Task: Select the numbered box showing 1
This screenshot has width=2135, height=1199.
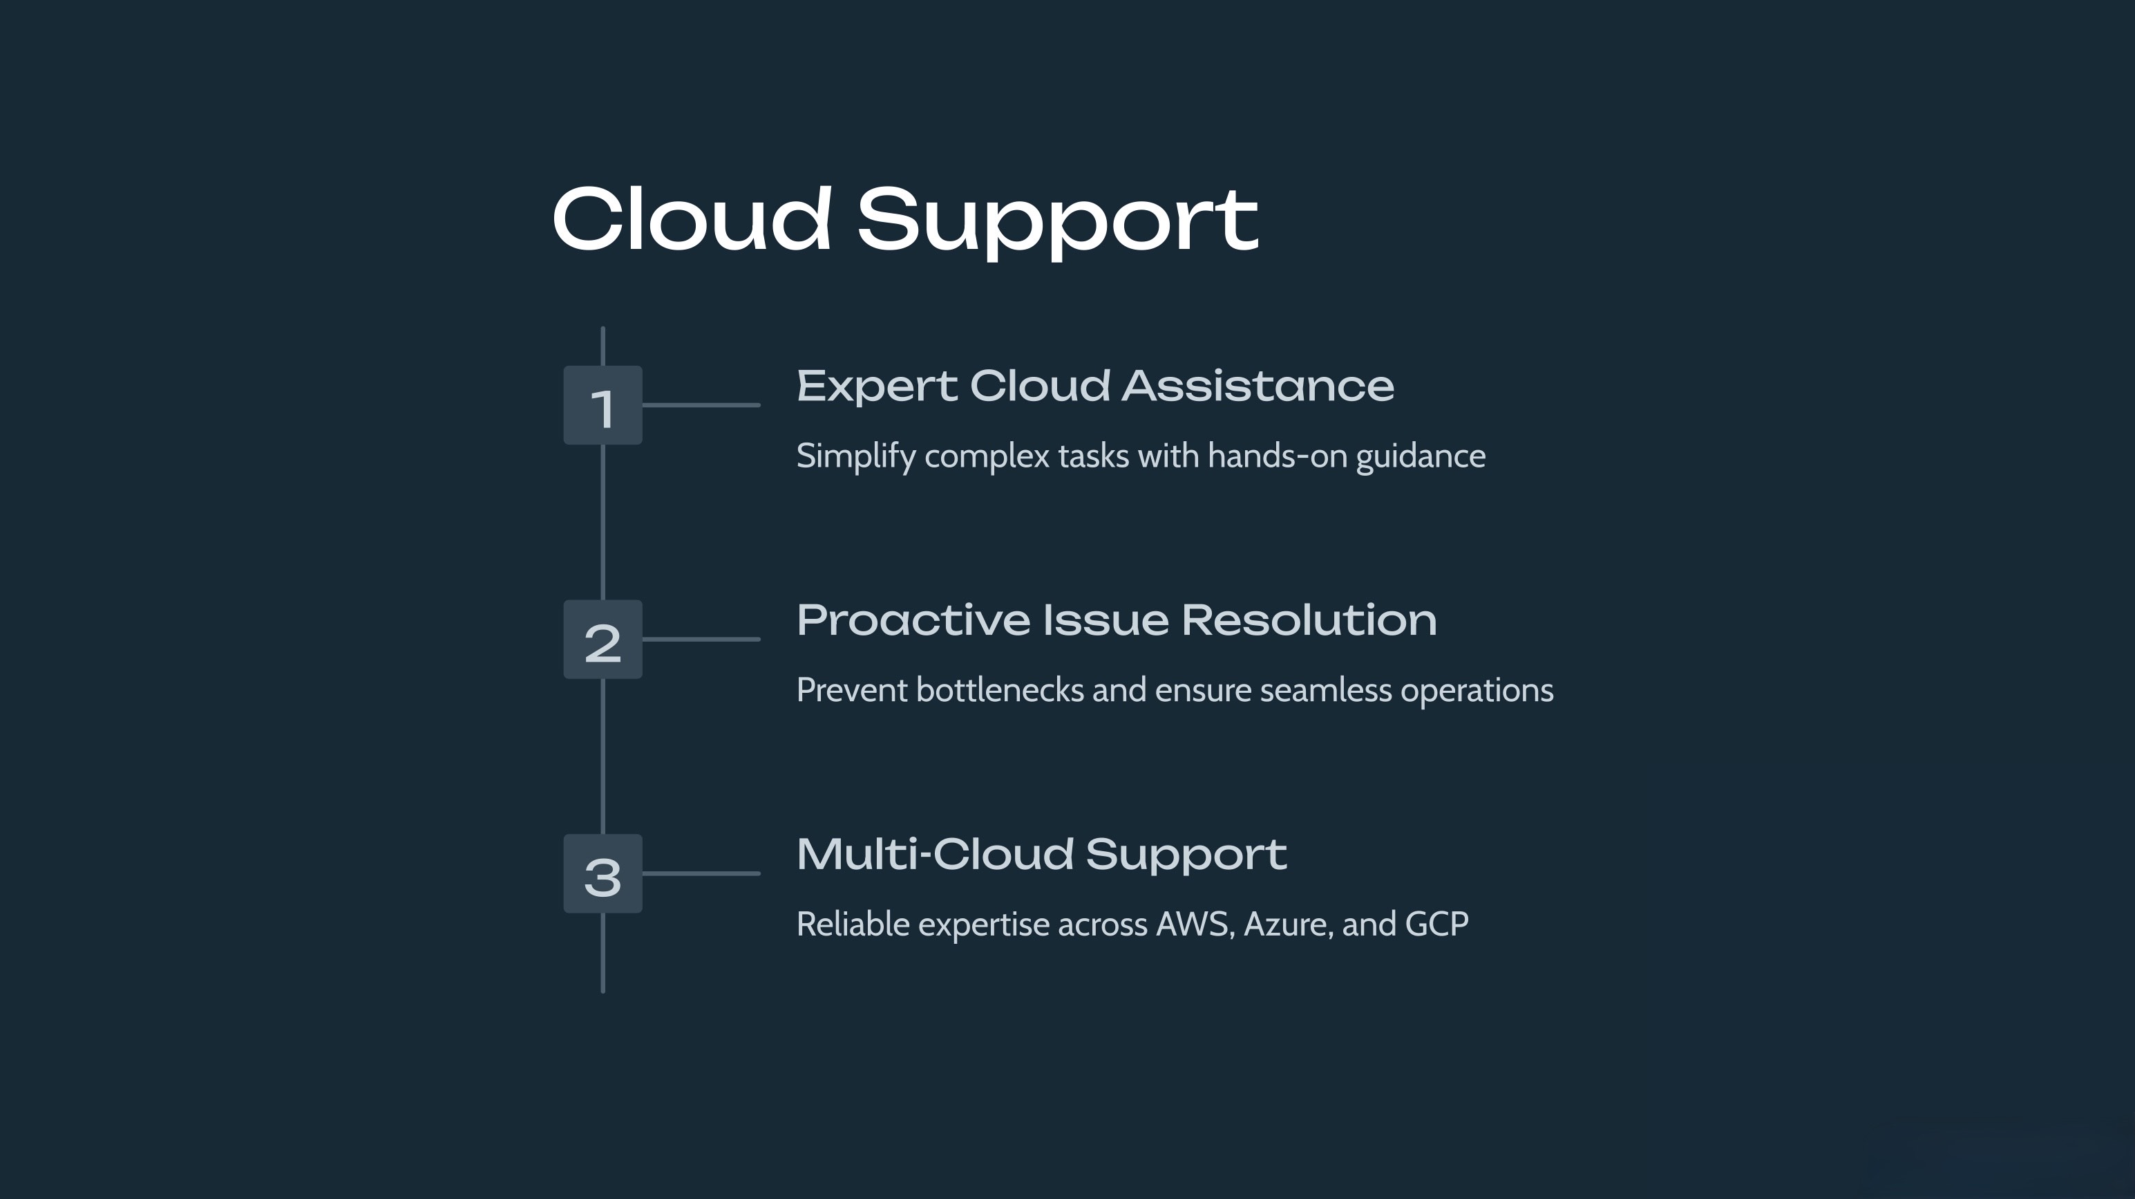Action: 602,405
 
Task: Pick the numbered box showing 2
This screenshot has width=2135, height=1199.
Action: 602,640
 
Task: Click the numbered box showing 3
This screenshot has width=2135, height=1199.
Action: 602,874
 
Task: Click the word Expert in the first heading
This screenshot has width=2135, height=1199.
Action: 877,387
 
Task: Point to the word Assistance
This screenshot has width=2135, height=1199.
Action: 1258,386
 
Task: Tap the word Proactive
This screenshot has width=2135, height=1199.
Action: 913,621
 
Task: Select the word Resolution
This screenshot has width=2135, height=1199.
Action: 1309,620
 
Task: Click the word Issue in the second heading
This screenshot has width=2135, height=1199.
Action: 1106,620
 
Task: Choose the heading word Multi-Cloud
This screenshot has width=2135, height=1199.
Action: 935,854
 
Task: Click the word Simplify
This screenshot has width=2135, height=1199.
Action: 856,457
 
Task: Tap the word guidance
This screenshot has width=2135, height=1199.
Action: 1421,457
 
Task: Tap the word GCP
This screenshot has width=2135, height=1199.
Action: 1437,924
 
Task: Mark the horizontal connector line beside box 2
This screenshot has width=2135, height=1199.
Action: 701,640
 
